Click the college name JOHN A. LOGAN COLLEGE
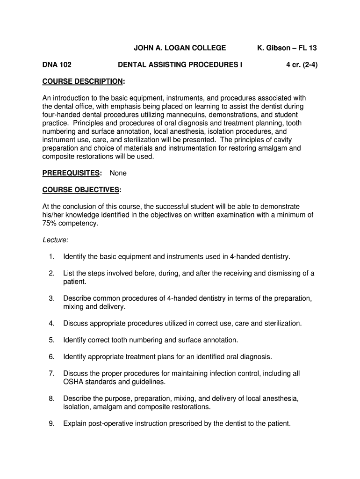point(180,48)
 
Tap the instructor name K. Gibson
point(275,48)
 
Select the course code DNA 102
point(57,65)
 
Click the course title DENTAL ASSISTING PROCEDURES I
point(180,65)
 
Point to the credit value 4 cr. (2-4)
point(302,65)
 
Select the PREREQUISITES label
point(72,173)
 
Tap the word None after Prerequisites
point(118,173)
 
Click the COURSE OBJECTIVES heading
point(82,190)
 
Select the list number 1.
point(51,257)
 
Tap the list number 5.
point(51,340)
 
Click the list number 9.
point(51,424)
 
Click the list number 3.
point(51,298)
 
